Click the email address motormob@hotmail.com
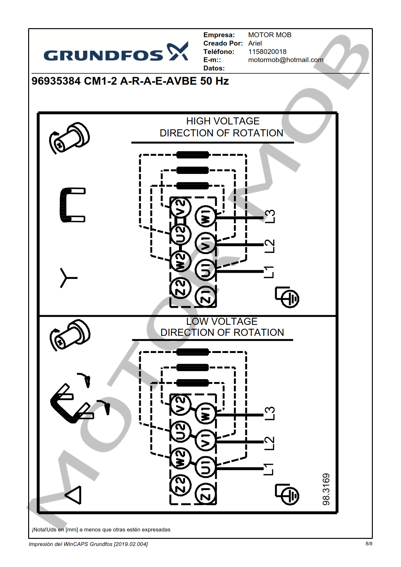click(x=285, y=60)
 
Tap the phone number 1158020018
click(x=267, y=52)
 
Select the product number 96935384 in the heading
click(x=56, y=81)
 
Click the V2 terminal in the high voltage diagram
click(x=181, y=208)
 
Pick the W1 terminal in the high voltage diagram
click(x=206, y=216)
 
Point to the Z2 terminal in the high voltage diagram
click(x=181, y=287)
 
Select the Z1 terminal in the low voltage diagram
click(x=206, y=493)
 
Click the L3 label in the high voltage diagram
click(x=270, y=216)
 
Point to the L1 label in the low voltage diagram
click(x=269, y=469)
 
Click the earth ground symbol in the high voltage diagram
click(x=288, y=297)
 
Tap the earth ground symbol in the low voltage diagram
click(x=288, y=494)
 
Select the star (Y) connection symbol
click(x=67, y=278)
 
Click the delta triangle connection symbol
click(x=74, y=495)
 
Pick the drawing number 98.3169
click(x=326, y=489)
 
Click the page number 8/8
click(x=369, y=544)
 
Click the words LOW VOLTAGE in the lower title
click(x=222, y=321)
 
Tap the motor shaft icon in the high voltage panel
click(x=70, y=138)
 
